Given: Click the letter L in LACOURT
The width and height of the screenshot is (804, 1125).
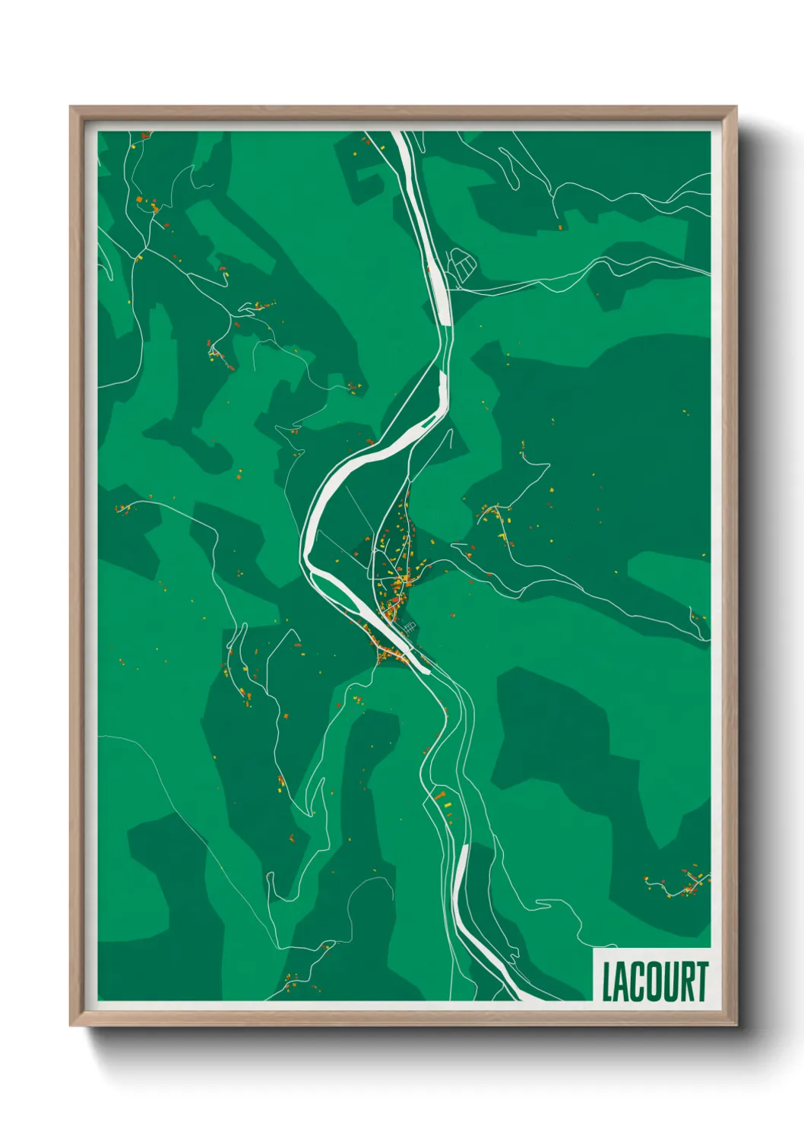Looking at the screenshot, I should (x=609, y=982).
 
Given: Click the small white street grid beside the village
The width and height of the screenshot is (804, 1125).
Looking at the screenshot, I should (x=410, y=628).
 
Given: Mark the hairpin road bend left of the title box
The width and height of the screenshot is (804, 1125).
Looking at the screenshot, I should (x=542, y=904).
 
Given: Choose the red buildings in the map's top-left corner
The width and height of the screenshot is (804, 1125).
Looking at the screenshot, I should (x=144, y=135).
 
